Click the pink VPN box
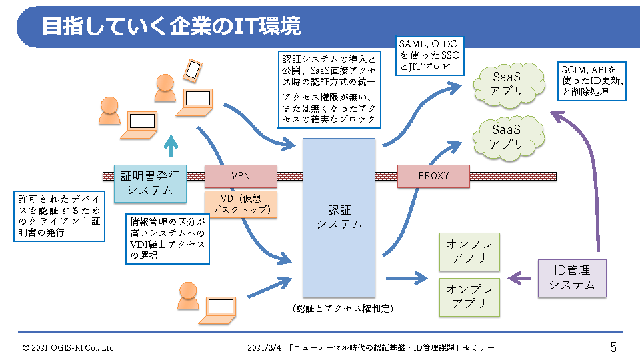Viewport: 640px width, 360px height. pyautogui.click(x=241, y=176)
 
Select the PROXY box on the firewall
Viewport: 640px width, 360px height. pyautogui.click(x=433, y=176)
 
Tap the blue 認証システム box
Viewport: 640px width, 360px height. pyautogui.click(x=339, y=217)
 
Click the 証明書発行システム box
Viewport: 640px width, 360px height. pyautogui.click(x=150, y=183)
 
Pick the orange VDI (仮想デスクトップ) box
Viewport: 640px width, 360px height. pyautogui.click(x=241, y=204)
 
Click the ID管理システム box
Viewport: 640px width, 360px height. pyautogui.click(x=572, y=278)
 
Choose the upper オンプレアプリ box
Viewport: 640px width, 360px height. pyautogui.click(x=469, y=252)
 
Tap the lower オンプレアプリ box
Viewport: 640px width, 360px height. pyautogui.click(x=469, y=297)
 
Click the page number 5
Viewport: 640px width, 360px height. pyautogui.click(x=613, y=347)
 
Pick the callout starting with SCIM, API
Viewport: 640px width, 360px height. pyautogui.click(x=593, y=81)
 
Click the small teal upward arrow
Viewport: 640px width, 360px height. pyautogui.click(x=172, y=145)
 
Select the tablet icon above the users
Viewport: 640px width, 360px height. pyautogui.click(x=193, y=69)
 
